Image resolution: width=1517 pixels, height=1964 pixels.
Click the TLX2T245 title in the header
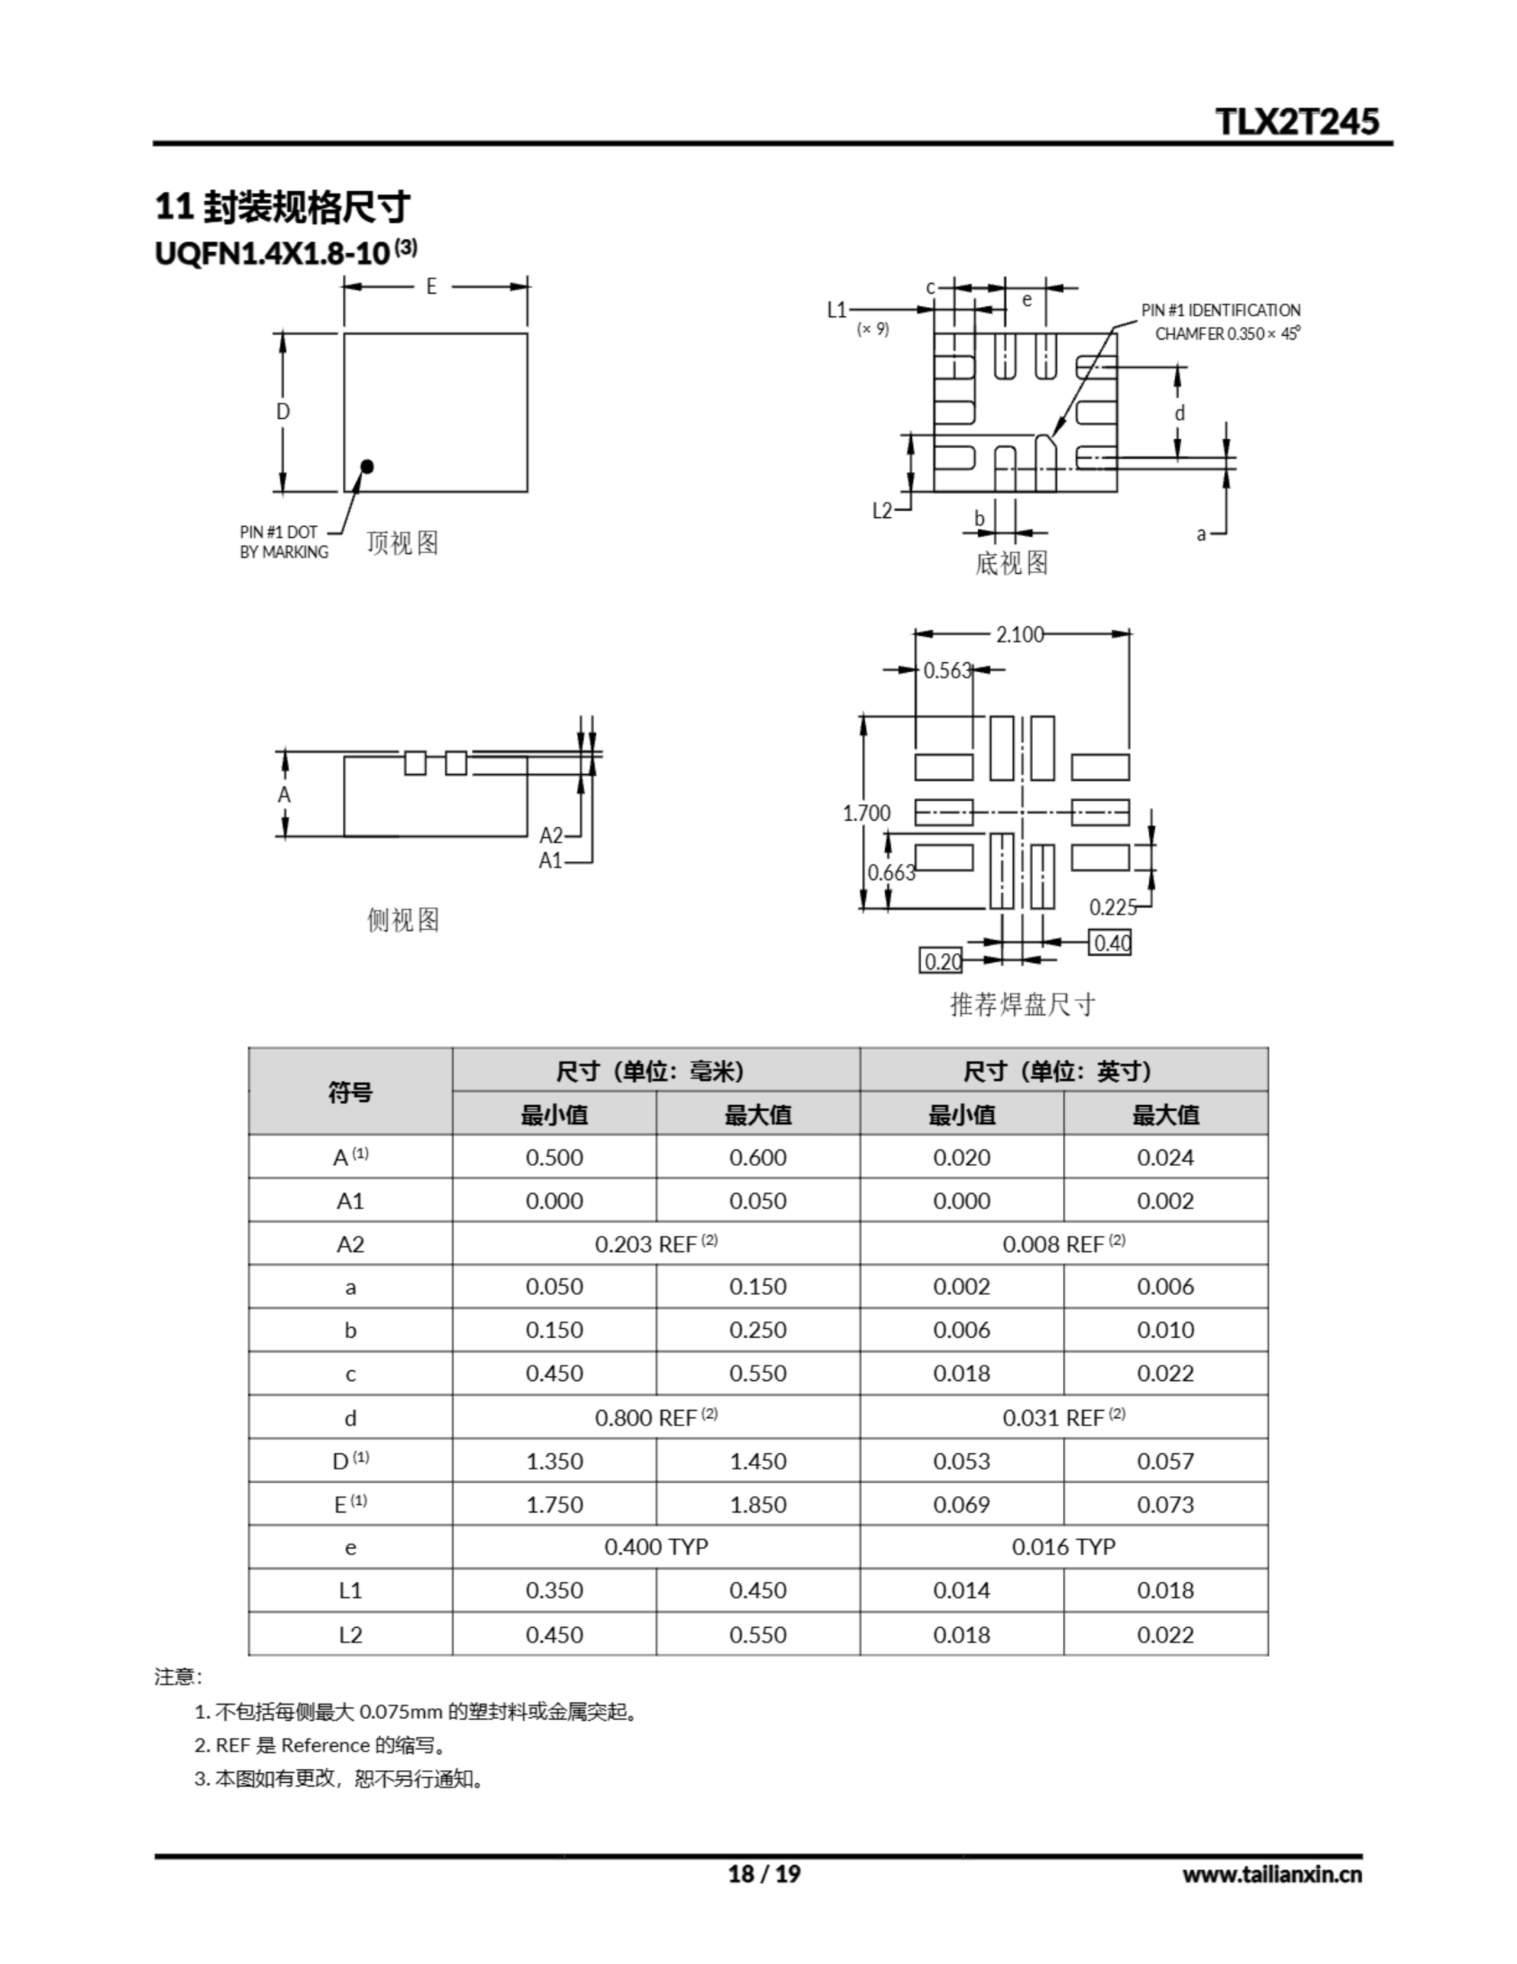coord(1297,121)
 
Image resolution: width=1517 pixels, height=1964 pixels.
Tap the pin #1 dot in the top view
coord(366,466)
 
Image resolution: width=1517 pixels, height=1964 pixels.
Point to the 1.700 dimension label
coord(866,813)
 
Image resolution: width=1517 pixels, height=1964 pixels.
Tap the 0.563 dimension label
coord(948,671)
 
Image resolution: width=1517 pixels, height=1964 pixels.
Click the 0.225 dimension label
coord(1112,908)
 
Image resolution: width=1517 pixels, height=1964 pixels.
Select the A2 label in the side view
coord(551,835)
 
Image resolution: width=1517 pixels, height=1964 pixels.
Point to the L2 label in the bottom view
coord(882,511)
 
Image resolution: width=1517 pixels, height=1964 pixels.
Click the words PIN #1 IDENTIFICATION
coord(1220,310)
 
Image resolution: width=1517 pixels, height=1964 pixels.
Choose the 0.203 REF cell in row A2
coord(656,1244)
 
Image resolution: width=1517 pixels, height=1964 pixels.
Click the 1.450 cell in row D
coord(757,1461)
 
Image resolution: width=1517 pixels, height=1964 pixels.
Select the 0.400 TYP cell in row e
coord(656,1547)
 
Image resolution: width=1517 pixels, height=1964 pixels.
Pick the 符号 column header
coord(350,1092)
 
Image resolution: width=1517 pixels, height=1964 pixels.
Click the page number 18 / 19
coord(763,1874)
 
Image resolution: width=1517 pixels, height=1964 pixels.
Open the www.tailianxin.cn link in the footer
coord(1272,1874)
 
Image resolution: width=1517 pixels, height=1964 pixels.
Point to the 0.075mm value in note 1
coord(400,1712)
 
